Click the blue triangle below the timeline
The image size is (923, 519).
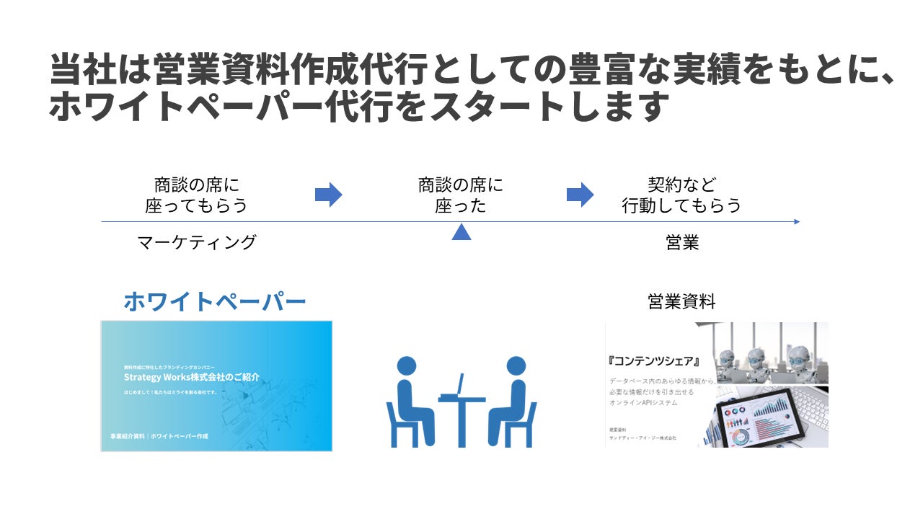point(461,231)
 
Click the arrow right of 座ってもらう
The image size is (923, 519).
point(328,195)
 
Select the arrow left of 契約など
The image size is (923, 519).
point(579,195)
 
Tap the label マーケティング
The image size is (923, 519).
point(196,243)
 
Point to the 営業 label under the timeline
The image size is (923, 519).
point(682,243)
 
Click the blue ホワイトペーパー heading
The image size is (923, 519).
point(215,302)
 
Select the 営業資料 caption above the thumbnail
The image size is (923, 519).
point(682,302)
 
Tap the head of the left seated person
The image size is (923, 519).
point(407,365)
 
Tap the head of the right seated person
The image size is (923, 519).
point(516,365)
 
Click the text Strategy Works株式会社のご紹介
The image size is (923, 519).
point(191,377)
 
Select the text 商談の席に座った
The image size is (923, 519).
point(461,195)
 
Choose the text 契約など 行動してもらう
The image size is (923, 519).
point(682,195)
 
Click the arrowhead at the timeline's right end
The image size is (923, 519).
point(797,221)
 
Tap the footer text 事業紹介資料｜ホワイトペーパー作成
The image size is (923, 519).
point(154,437)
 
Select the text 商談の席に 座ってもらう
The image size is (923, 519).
point(196,195)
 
